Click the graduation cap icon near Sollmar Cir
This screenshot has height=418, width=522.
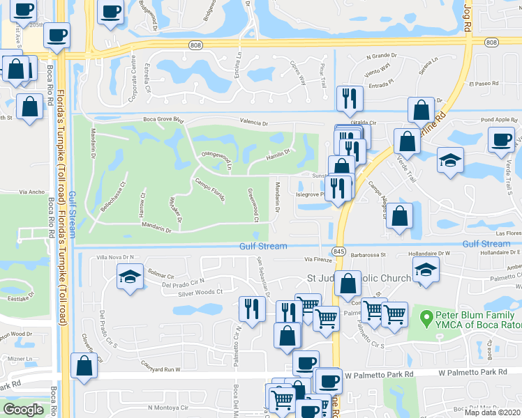coord(130,276)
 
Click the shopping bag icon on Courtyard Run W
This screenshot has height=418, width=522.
coord(84,364)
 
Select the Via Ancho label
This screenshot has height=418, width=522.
coord(31,192)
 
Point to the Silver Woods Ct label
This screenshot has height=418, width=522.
coord(200,293)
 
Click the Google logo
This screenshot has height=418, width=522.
coord(23,409)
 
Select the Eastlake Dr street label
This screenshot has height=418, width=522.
coord(21,297)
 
